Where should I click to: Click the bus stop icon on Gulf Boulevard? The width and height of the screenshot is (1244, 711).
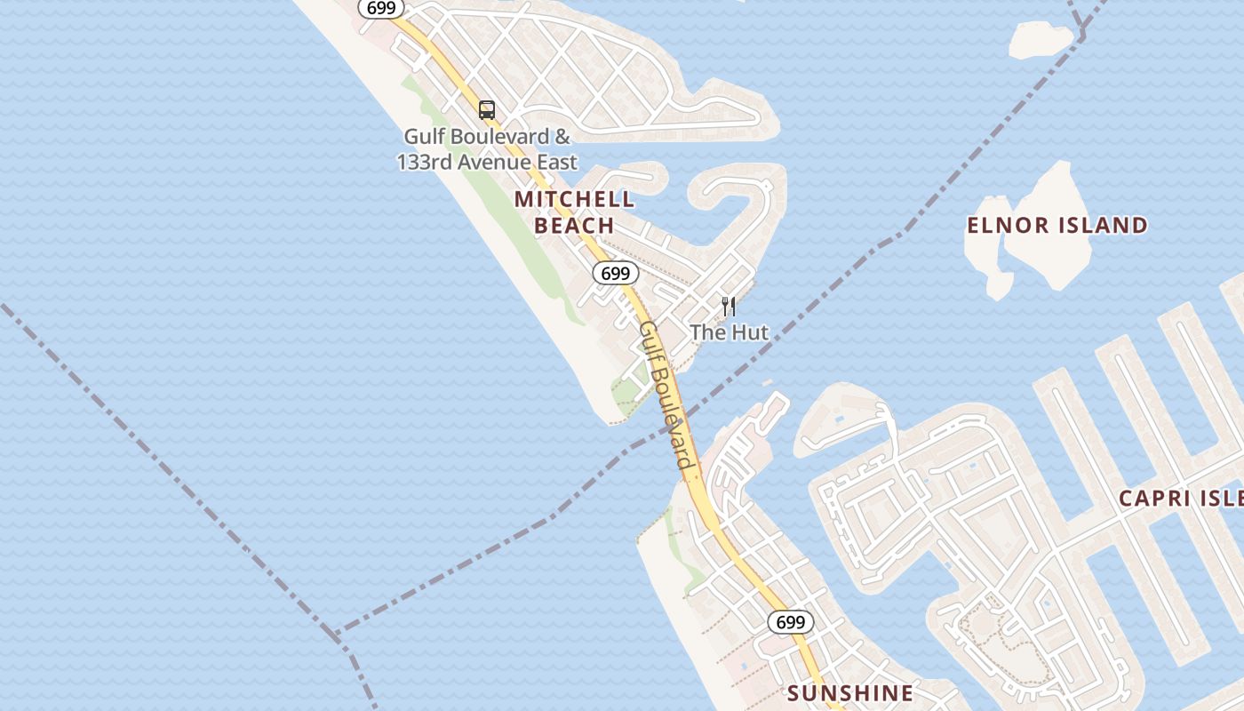pos(487,110)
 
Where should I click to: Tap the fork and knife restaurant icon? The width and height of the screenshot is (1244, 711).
pos(729,307)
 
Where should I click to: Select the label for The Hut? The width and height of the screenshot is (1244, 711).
pos(729,332)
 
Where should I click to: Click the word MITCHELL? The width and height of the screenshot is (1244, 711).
pos(574,199)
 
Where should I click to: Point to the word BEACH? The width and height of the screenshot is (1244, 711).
pos(574,226)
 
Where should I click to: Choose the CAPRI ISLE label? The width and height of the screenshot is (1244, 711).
pos(1180,498)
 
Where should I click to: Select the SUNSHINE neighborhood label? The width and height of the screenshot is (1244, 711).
pos(850,693)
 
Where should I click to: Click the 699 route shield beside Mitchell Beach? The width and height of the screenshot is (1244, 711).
pos(615,273)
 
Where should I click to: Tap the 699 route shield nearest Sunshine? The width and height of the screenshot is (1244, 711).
pos(790,622)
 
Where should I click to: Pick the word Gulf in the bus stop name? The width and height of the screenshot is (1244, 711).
pos(424,137)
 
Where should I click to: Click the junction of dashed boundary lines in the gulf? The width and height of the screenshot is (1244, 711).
pos(336,635)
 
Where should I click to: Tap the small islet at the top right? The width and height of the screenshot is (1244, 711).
pos(1041,39)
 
